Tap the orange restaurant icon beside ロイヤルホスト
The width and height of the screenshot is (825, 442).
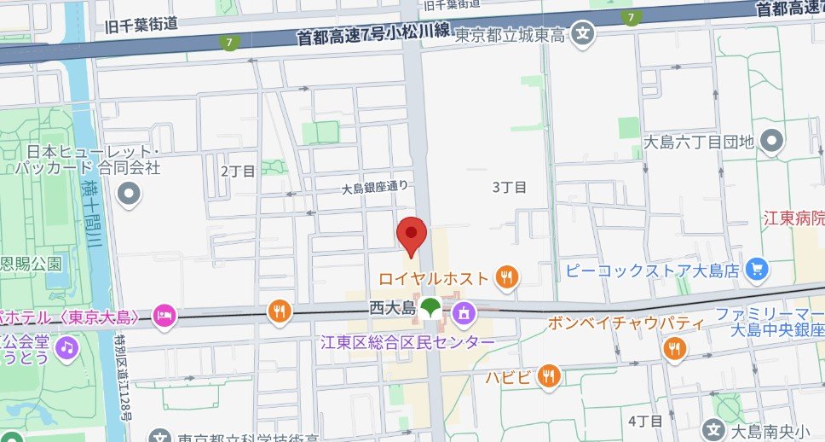(x=507, y=276)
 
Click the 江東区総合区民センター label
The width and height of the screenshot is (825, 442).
(x=407, y=342)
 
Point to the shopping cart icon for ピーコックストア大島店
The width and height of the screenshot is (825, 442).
(x=755, y=270)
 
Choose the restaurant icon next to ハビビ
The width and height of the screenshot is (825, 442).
(x=550, y=375)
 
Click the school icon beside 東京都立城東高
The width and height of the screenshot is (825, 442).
(x=583, y=35)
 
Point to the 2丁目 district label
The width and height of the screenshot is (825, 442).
(x=238, y=171)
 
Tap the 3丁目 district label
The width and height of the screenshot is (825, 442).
(x=510, y=187)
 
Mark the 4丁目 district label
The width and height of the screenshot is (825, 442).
(x=644, y=422)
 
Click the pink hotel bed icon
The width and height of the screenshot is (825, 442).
(x=164, y=317)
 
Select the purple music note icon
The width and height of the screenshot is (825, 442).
(x=66, y=346)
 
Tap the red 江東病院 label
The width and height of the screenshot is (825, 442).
(x=793, y=218)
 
